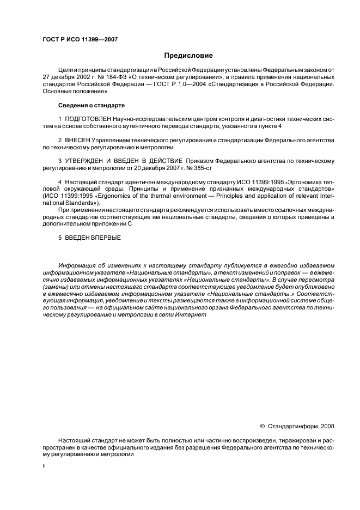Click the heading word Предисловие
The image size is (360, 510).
click(x=188, y=56)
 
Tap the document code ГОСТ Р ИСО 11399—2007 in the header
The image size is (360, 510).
click(x=80, y=40)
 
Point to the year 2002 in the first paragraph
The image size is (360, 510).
click(x=84, y=78)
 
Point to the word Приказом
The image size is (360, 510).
click(x=201, y=161)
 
